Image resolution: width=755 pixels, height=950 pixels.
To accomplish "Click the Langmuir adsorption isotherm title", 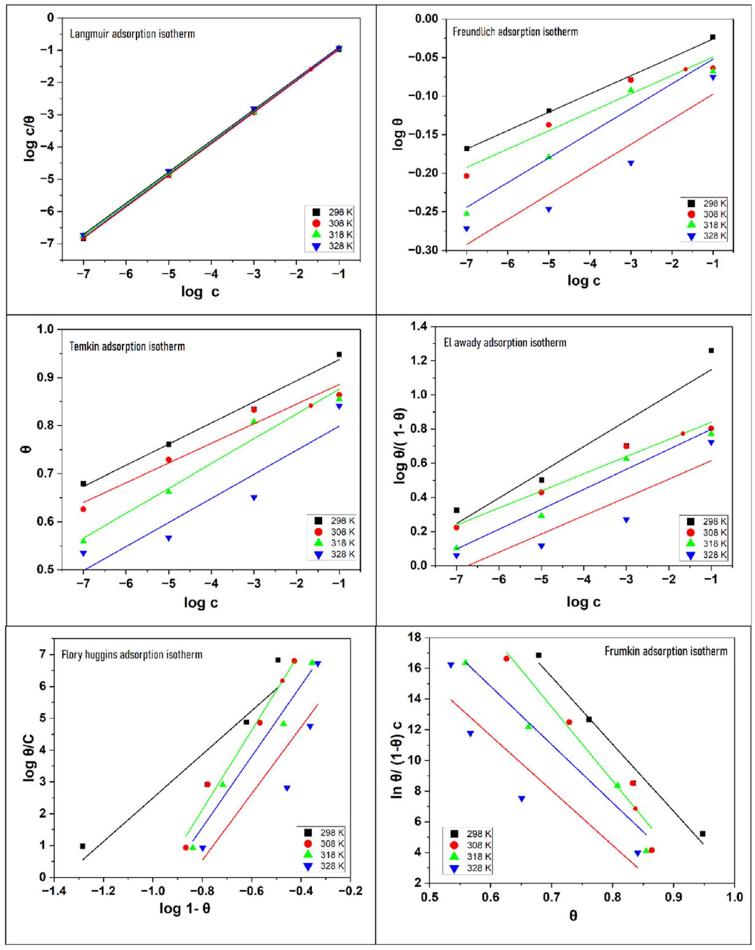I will [132, 34].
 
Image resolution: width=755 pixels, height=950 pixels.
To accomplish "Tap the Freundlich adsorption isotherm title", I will [515, 32].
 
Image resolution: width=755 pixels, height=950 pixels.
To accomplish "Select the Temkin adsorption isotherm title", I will [127, 346].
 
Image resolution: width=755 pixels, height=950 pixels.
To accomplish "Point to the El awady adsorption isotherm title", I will [504, 343].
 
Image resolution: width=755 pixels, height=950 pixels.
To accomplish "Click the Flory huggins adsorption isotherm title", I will [131, 655].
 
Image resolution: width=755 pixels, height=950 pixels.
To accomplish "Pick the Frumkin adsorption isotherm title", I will [665, 651].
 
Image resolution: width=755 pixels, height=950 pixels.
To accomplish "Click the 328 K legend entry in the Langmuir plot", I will [333, 246].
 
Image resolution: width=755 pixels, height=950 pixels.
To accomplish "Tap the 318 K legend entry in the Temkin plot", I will [335, 543].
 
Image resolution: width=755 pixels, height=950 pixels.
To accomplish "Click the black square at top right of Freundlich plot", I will [713, 37].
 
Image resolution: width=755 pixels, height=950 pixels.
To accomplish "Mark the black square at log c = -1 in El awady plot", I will [711, 351].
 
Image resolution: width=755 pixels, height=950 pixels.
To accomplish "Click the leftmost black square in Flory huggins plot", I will [83, 846].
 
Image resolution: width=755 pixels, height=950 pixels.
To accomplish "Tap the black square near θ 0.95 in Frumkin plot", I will [702, 834].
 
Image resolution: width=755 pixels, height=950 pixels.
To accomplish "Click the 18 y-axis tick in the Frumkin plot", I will [415, 638].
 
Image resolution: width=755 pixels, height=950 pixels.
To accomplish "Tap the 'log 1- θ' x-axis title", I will [184, 909].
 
